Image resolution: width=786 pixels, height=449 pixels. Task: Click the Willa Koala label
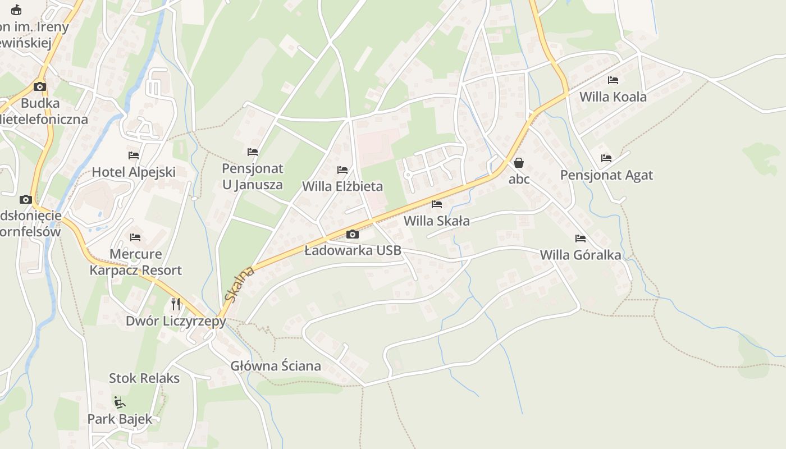[613, 97]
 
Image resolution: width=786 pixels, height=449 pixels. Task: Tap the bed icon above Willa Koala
[613, 80]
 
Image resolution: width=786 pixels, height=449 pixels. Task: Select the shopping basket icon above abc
[519, 163]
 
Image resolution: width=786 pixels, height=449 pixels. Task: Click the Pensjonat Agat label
[606, 175]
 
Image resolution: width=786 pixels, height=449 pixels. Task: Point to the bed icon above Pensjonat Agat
[606, 158]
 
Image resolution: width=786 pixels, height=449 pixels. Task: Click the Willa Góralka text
[581, 255]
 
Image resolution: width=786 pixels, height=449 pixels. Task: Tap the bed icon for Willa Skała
[437, 204]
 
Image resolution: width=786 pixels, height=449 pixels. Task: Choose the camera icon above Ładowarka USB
[353, 234]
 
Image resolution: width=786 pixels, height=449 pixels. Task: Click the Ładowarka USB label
[353, 250]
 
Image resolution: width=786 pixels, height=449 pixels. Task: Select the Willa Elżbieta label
[342, 186]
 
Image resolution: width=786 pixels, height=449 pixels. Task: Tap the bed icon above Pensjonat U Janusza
[253, 152]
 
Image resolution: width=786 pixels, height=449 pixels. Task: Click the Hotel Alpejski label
[134, 172]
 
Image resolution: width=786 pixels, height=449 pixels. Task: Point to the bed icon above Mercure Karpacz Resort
[135, 237]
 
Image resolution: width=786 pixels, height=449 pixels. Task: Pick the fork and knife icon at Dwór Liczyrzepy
[176, 304]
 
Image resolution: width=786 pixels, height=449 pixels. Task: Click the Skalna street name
[239, 284]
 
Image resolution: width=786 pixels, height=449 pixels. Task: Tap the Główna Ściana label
[276, 366]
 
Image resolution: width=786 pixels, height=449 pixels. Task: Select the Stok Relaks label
[144, 378]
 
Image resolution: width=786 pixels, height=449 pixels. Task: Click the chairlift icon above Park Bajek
[120, 402]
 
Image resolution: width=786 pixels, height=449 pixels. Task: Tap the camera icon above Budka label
[39, 86]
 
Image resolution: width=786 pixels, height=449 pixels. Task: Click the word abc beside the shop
[519, 180]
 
